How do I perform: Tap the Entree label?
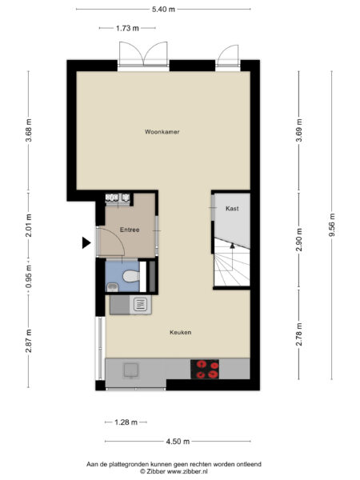[130, 230]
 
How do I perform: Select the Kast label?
[232, 208]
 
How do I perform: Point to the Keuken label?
[180, 332]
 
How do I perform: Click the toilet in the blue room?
[132, 278]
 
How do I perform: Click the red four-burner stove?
[206, 369]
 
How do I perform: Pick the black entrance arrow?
[86, 243]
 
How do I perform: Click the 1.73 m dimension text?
[127, 28]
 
